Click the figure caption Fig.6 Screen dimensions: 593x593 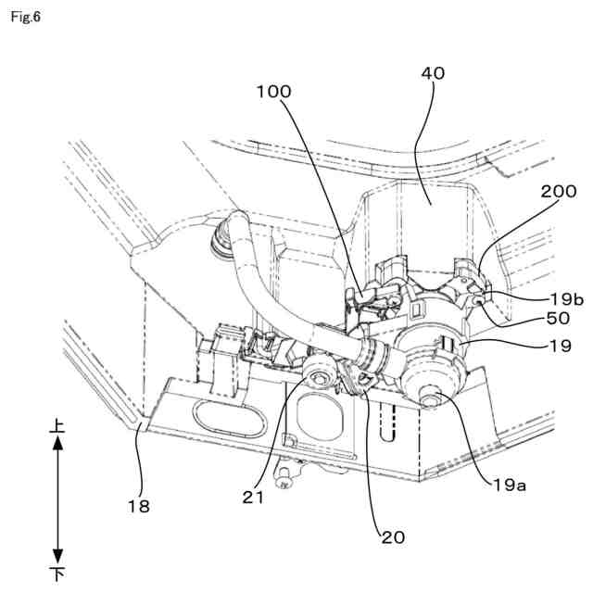(26, 17)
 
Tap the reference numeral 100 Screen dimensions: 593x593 (273, 92)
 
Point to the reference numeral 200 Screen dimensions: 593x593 (560, 192)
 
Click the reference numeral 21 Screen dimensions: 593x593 (255, 497)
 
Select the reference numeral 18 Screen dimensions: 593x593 (139, 506)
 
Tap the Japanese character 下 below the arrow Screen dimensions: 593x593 (57, 574)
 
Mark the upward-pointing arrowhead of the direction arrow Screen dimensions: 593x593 (57, 445)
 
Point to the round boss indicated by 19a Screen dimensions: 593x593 (433, 398)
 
